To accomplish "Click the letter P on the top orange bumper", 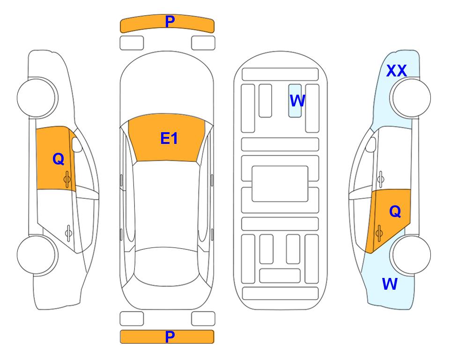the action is (x=170, y=22).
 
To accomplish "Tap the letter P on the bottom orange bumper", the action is (x=170, y=337).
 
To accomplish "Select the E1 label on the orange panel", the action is (x=169, y=138).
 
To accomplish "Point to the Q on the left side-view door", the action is (x=59, y=159).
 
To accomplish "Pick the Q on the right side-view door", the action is (x=395, y=211).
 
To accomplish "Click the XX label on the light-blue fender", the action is (x=396, y=71).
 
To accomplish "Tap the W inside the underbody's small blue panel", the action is (x=297, y=101).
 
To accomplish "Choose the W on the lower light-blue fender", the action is (x=390, y=284).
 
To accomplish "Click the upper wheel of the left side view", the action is (x=37, y=97).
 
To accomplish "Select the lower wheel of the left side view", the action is (x=37, y=255).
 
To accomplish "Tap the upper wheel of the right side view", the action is (x=411, y=97).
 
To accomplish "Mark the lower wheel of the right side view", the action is (x=411, y=255).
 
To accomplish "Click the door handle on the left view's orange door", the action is (x=67, y=180).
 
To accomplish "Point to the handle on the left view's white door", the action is (x=68, y=233).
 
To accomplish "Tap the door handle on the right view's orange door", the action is (x=379, y=233).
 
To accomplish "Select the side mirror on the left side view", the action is (x=76, y=144).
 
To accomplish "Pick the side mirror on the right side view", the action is (x=370, y=144).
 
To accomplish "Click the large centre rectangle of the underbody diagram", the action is (x=280, y=184).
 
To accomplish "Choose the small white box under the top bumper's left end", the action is (x=132, y=43).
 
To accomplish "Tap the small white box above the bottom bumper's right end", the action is (x=203, y=319).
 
